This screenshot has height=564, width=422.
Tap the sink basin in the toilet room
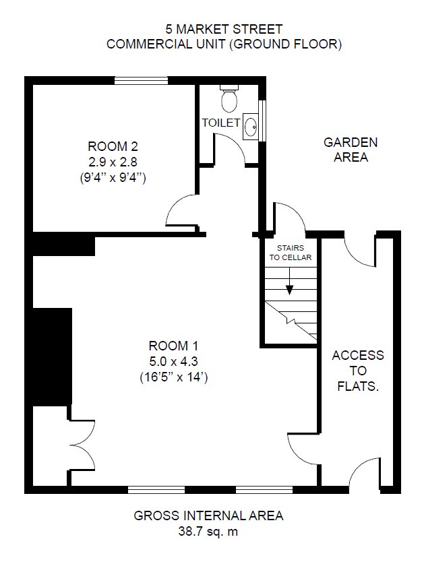click(x=250, y=127)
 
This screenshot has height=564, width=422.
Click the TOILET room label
click(x=221, y=123)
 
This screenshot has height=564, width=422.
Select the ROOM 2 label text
click(x=113, y=146)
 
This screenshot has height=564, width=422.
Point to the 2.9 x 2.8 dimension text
click(x=113, y=162)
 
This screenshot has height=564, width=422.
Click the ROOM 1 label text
click(x=173, y=346)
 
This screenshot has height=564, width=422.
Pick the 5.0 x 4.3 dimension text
click(x=173, y=361)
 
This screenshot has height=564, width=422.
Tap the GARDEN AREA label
click(x=351, y=150)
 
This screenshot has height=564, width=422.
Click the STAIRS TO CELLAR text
click(x=291, y=253)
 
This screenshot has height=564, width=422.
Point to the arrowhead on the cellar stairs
click(x=290, y=290)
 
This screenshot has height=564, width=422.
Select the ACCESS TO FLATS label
click(x=358, y=371)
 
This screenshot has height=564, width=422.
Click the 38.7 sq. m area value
click(x=208, y=531)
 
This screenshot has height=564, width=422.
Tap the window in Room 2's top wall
click(x=142, y=81)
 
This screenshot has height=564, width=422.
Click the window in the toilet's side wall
click(x=263, y=120)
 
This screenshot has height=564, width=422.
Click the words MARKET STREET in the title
click(x=229, y=29)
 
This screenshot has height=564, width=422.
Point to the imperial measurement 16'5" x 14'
click(x=173, y=377)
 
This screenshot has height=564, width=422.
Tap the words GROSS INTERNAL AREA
click(x=208, y=515)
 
